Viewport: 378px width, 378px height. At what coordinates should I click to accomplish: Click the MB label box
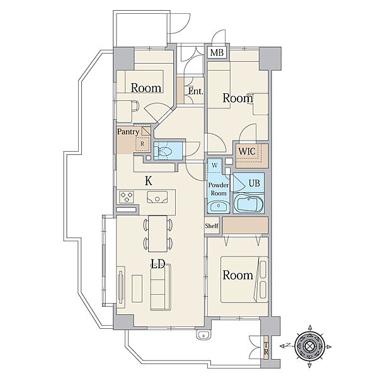(x=217, y=52)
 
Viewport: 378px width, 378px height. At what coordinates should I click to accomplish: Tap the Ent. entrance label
(x=195, y=91)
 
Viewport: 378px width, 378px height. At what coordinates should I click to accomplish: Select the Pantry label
(x=128, y=132)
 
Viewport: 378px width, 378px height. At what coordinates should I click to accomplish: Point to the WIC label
(x=247, y=151)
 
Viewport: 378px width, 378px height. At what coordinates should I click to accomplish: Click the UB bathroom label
(x=254, y=183)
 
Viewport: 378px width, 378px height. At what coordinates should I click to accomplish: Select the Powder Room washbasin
(x=219, y=207)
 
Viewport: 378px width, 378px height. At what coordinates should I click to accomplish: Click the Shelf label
(x=212, y=226)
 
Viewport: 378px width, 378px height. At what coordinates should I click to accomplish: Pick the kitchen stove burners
(x=127, y=197)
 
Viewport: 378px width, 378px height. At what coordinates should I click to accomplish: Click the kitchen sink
(x=157, y=197)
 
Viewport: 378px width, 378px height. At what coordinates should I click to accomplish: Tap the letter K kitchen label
(x=149, y=181)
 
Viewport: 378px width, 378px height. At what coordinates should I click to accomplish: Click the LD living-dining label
(x=157, y=264)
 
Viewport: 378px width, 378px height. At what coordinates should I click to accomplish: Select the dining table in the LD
(x=157, y=234)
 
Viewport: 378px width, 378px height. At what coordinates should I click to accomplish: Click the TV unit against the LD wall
(x=121, y=287)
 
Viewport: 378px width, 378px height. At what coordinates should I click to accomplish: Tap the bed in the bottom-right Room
(x=244, y=279)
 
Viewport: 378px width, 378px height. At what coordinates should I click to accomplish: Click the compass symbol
(x=309, y=346)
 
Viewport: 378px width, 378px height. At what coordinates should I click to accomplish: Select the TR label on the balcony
(x=266, y=348)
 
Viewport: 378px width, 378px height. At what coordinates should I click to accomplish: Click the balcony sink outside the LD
(x=203, y=335)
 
